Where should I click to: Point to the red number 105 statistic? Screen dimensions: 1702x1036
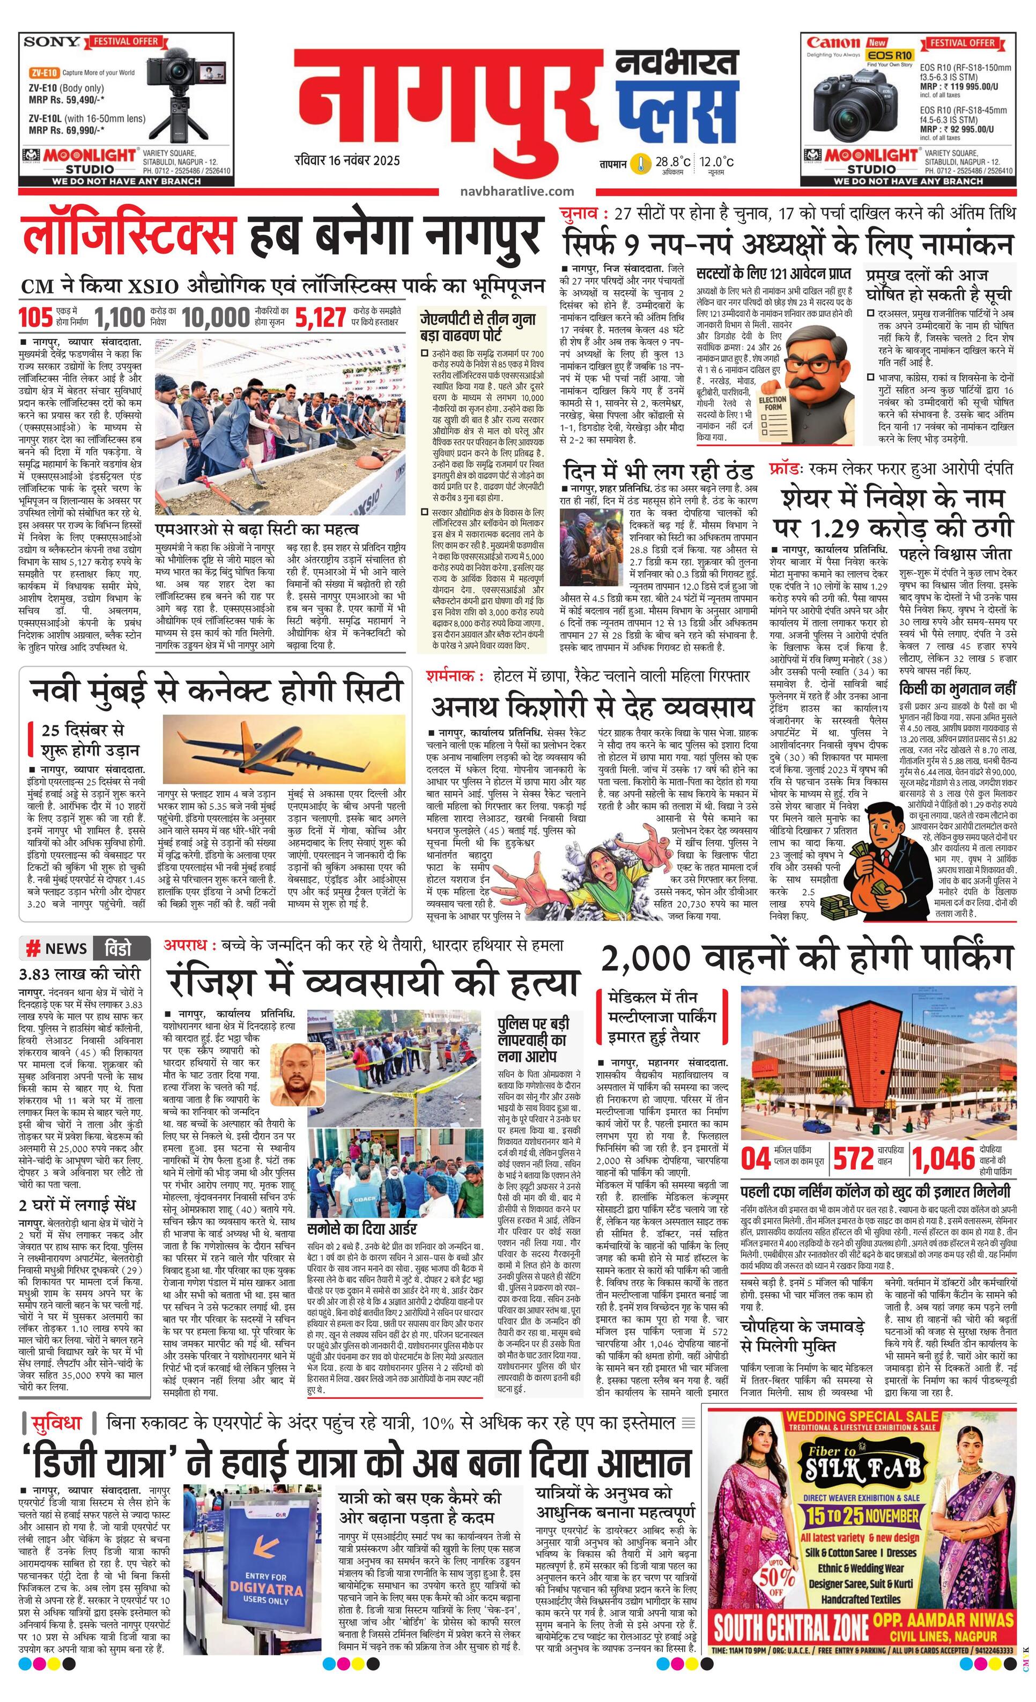coord(35,317)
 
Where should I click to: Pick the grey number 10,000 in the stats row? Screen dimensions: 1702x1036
coord(216,317)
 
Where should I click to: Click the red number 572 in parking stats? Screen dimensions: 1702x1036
coord(854,1159)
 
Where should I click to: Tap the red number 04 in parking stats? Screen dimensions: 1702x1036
coord(756,1159)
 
